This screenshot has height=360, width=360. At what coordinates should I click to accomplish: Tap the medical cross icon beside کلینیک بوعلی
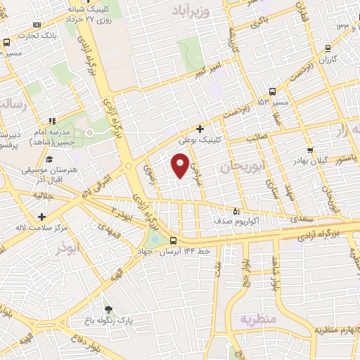(200, 129)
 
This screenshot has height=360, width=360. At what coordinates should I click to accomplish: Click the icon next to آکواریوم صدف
(236, 210)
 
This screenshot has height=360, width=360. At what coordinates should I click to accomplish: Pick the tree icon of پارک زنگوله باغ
(108, 309)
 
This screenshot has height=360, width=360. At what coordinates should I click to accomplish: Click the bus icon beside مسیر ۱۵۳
(272, 91)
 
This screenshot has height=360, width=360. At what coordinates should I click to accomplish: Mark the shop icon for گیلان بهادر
(309, 150)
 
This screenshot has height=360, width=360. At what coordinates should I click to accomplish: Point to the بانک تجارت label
(39, 34)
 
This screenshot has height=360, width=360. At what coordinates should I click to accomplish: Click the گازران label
(326, 60)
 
